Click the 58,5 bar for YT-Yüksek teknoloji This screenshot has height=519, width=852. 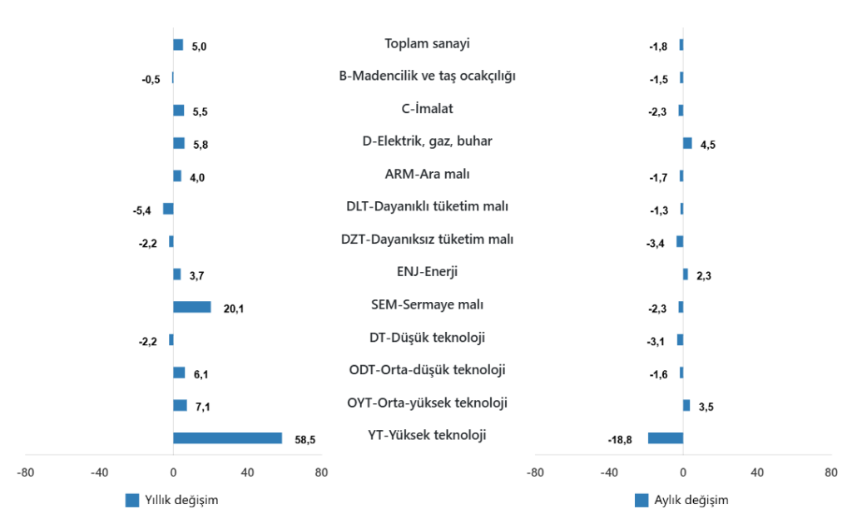[x=227, y=438]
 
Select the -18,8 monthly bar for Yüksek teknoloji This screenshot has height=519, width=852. [x=666, y=438]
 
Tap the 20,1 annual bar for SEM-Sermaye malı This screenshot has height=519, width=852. [x=192, y=307]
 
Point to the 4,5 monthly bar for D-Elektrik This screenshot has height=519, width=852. [x=687, y=143]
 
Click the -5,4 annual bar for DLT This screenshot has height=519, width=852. [x=168, y=209]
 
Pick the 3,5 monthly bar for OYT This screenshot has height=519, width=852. [x=686, y=405]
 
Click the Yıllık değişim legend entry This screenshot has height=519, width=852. [x=171, y=500]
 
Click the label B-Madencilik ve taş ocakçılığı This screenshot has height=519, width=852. [x=427, y=76]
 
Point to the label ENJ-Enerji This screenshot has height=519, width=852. [x=427, y=271]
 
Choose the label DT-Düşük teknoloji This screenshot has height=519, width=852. [x=427, y=337]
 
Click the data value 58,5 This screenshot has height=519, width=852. [x=305, y=440]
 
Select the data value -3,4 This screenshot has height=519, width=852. [x=656, y=243]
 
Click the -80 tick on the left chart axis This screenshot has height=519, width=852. [x=25, y=472]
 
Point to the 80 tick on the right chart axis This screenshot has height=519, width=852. [x=831, y=472]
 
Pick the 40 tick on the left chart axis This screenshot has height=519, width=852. [x=247, y=472]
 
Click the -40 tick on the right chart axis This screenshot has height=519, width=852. [x=609, y=472]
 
